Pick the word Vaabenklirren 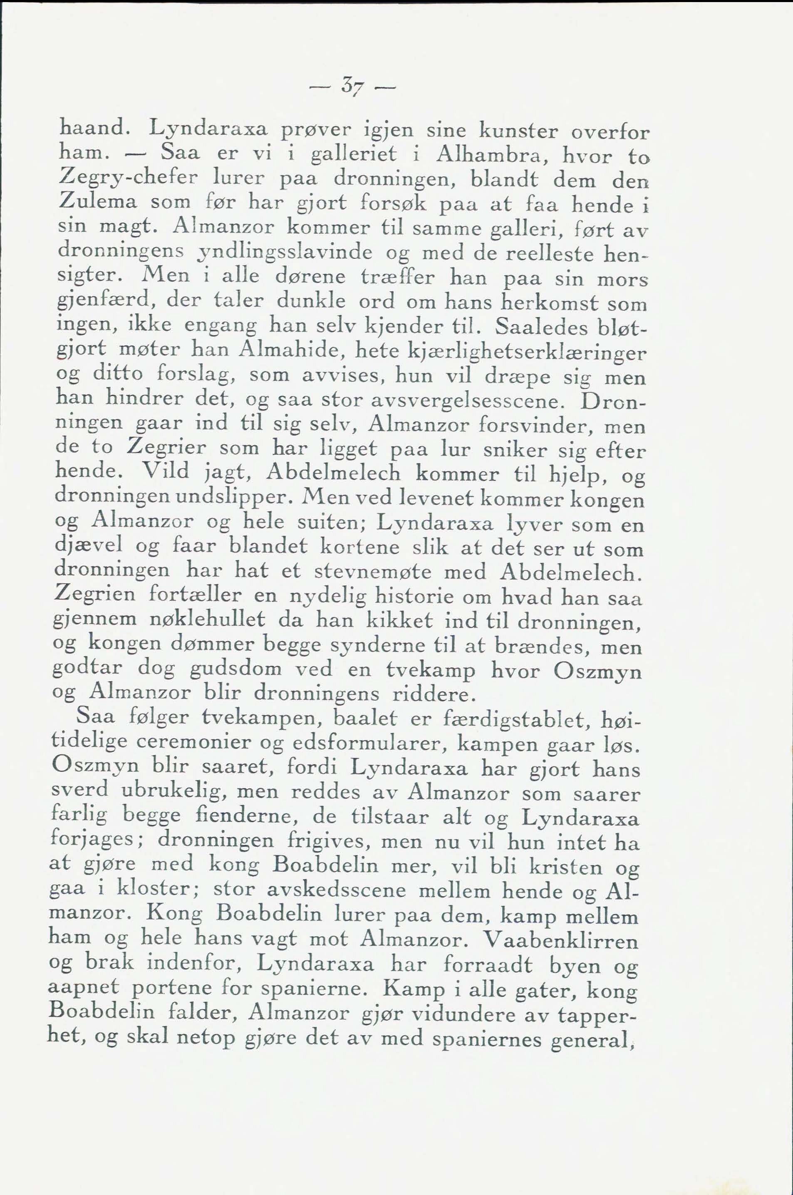point(562,939)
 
